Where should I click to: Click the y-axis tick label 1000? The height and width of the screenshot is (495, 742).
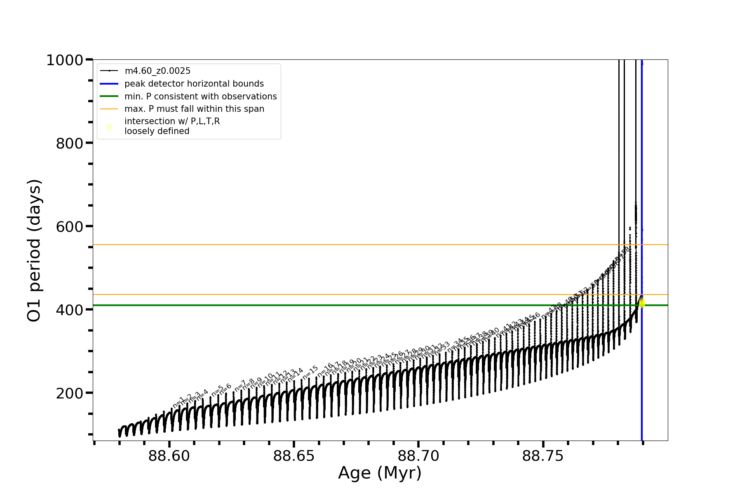[65, 61]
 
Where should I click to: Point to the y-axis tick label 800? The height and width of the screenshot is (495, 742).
[69, 144]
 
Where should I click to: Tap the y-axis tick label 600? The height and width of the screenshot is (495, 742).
[69, 227]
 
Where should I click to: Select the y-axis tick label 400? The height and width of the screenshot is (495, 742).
[69, 310]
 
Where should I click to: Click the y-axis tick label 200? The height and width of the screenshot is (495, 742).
[69, 394]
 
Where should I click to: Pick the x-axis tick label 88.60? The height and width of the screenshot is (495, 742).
[169, 456]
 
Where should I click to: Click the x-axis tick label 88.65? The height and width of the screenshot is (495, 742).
[294, 456]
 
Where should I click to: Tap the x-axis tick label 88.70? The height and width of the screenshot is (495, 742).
[418, 456]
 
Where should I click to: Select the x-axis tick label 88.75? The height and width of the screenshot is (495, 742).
[543, 456]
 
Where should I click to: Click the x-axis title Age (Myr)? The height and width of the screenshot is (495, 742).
[380, 473]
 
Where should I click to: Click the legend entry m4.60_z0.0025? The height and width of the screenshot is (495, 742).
[157, 71]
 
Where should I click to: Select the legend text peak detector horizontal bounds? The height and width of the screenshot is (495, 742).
[194, 84]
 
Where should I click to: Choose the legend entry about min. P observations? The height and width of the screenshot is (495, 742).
[200, 97]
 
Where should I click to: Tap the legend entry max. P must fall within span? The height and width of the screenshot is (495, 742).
[194, 109]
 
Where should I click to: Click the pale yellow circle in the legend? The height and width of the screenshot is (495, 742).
[109, 127]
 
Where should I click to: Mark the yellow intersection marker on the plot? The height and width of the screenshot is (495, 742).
[641, 303]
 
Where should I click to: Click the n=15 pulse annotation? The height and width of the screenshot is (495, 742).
[310, 372]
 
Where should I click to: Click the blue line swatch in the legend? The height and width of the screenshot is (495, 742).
[109, 84]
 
